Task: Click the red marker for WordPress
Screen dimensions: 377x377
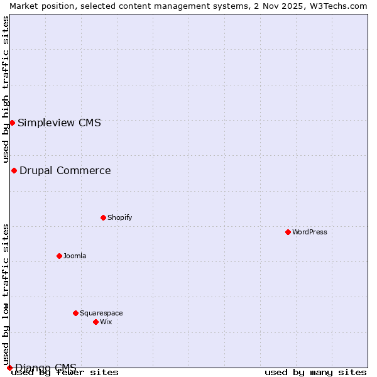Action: (288, 232)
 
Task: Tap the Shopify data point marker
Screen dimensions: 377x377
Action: (103, 217)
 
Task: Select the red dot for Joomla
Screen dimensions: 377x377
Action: (59, 256)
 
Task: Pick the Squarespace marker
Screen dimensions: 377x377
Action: (75, 313)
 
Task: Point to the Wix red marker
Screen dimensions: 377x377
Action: (96, 322)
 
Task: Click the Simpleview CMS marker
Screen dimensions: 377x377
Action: (12, 123)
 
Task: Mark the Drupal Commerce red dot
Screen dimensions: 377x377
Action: (14, 170)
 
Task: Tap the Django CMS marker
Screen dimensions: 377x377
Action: (9, 368)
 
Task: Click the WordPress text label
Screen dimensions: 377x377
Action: (310, 232)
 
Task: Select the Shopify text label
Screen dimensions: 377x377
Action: (120, 217)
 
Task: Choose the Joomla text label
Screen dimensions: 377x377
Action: (75, 256)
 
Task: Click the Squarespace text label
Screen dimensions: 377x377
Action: (101, 313)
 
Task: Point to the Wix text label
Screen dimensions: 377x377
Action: (106, 322)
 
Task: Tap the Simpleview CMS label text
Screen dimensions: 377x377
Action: (59, 123)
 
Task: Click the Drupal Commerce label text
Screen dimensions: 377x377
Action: (65, 170)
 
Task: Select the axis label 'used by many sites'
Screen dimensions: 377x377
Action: (315, 372)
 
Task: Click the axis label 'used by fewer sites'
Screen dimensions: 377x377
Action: (65, 372)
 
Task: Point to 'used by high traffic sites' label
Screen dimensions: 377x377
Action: (6, 89)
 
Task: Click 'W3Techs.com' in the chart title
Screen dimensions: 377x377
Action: (337, 6)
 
